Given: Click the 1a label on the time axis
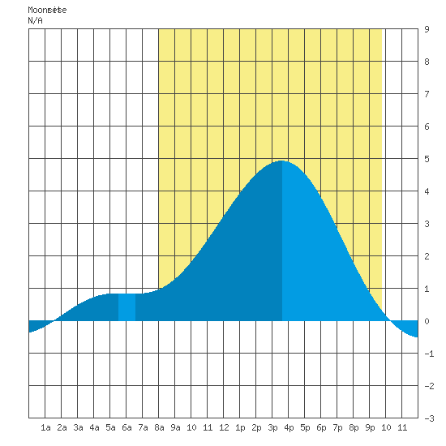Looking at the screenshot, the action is (x=45, y=427).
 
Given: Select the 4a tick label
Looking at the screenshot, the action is (x=94, y=427).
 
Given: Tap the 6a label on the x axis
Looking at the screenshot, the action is (x=127, y=427).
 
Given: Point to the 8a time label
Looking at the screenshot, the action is (x=159, y=427).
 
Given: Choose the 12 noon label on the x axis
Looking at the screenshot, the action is (x=224, y=427).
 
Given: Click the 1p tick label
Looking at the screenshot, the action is (x=240, y=427).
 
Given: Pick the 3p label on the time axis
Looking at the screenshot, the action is (x=272, y=427).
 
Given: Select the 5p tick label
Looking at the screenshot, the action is (x=305, y=427).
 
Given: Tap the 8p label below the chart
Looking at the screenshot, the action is (x=354, y=427).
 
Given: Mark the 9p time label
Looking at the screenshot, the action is (x=370, y=427).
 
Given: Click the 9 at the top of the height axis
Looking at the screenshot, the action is (x=427, y=29).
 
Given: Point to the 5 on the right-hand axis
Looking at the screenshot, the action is (x=427, y=159).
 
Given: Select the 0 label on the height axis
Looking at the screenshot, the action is (x=427, y=321).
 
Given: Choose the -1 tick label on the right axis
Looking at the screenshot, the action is (x=429, y=354).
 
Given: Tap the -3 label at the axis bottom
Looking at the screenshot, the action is (x=429, y=418).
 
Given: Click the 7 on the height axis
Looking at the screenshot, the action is (x=427, y=94).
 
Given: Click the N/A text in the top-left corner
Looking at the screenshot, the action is (x=35, y=20).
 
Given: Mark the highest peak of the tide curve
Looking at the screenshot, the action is (x=281, y=161).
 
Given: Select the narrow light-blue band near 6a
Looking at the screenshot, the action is (x=127, y=307).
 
